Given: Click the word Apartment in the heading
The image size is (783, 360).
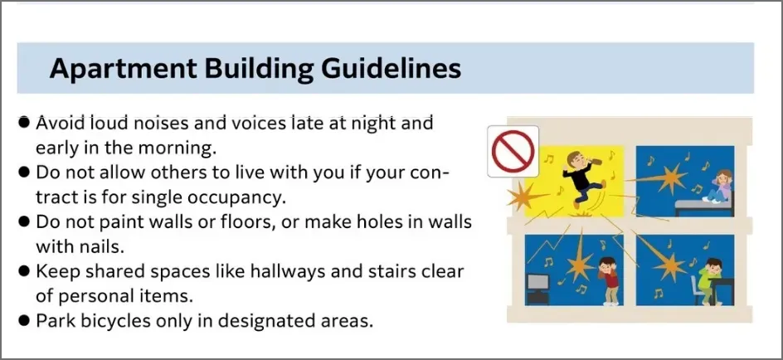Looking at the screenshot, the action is click(124, 69).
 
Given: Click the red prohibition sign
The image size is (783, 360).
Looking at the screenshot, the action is click(513, 151).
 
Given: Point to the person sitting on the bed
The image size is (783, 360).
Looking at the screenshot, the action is click(719, 187).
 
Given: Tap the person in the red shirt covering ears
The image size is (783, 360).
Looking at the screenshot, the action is click(608, 280).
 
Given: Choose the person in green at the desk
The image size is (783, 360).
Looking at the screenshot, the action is click(709, 281).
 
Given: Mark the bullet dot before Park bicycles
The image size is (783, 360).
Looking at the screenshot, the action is click(23, 320).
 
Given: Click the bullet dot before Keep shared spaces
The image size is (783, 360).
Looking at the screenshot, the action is click(23, 271).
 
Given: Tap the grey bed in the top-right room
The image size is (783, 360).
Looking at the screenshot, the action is click(704, 207).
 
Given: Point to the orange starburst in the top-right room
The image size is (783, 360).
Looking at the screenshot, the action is click(671, 178).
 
